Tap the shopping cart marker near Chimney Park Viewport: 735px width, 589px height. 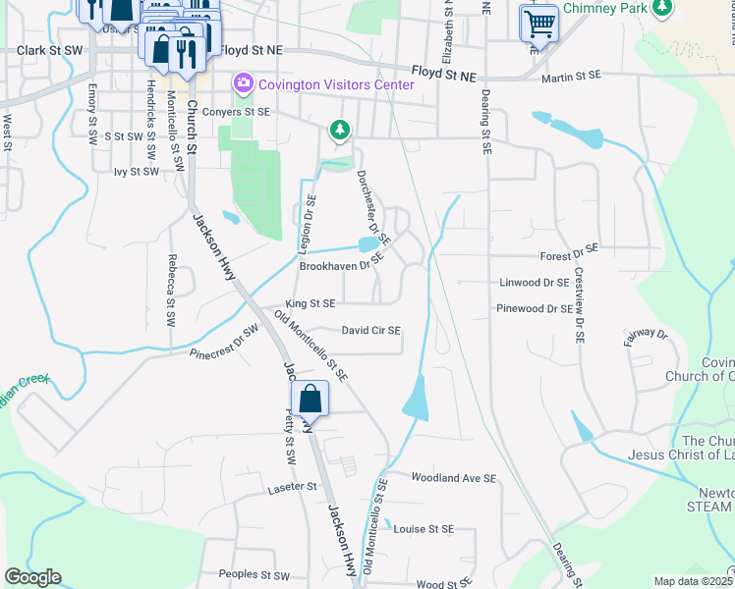(x=539, y=24)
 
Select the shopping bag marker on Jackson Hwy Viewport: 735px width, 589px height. (x=310, y=400)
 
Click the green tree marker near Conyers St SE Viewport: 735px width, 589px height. (x=339, y=129)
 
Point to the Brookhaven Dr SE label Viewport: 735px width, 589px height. (x=340, y=266)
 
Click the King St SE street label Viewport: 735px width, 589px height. (x=311, y=304)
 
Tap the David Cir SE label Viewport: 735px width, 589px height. (x=370, y=331)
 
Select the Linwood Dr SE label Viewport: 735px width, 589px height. (x=535, y=283)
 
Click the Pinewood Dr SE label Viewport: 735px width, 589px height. (x=535, y=308)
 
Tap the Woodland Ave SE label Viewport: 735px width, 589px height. (x=454, y=478)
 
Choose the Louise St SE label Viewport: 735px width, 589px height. (x=424, y=528)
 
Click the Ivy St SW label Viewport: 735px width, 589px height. (x=136, y=172)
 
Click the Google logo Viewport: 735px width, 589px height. (x=32, y=577)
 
